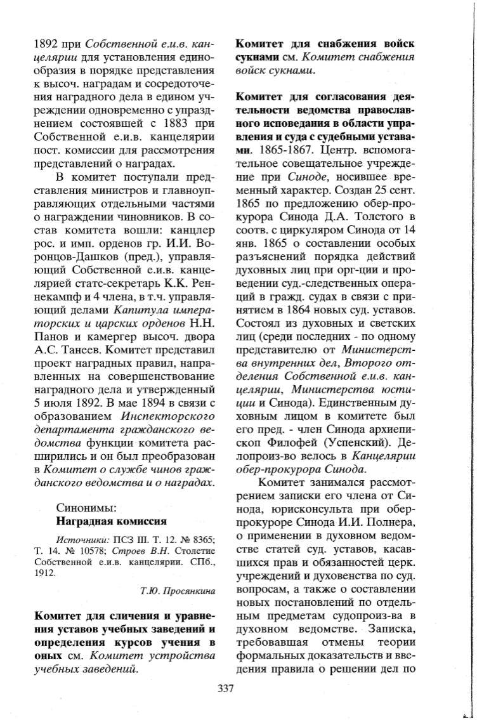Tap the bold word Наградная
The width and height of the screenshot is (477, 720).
click(x=85, y=521)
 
